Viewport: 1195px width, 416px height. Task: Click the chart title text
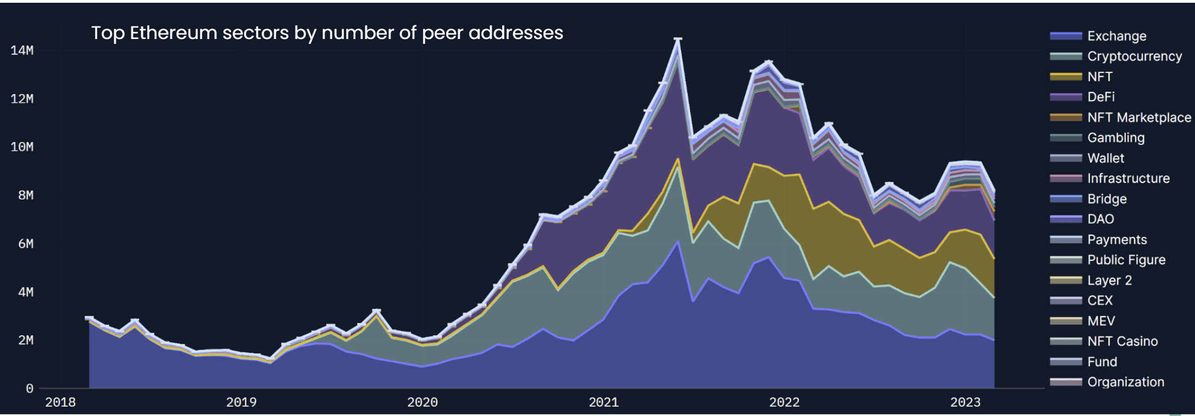click(327, 33)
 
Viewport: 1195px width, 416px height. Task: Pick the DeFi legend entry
click(1100, 97)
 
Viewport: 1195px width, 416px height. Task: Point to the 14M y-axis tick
click(22, 51)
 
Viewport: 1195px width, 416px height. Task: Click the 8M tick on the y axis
click(25, 196)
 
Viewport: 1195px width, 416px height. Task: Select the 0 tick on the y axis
click(30, 389)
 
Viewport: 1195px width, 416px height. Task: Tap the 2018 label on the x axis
click(60, 402)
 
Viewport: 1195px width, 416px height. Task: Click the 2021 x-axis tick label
click(604, 402)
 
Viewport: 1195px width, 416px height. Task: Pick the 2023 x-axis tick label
click(965, 402)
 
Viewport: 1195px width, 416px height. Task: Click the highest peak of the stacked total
click(678, 39)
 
